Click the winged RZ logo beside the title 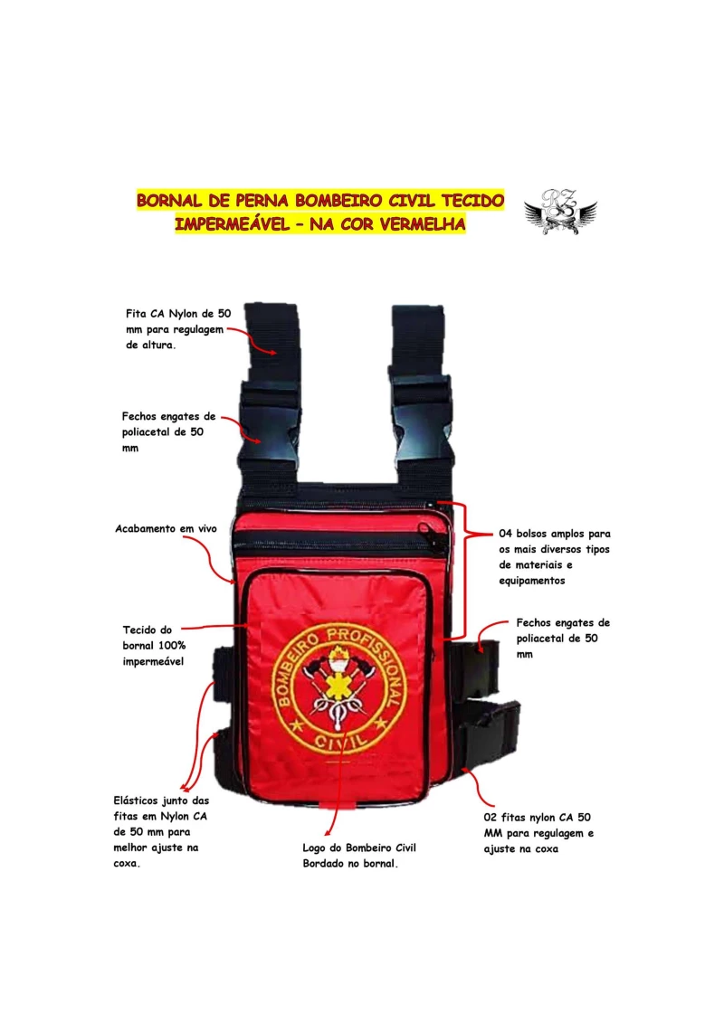point(560,212)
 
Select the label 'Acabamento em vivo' point(166,528)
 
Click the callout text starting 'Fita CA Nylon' point(178,329)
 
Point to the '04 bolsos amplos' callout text point(555,557)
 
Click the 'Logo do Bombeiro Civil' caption point(359,856)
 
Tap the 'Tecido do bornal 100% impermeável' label point(154,646)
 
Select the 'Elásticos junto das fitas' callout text point(161,832)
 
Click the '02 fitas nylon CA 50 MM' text point(538,833)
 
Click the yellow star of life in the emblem point(338,685)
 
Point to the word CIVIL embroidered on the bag point(340,741)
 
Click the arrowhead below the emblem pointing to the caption point(328,831)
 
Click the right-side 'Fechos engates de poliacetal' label point(563,638)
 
